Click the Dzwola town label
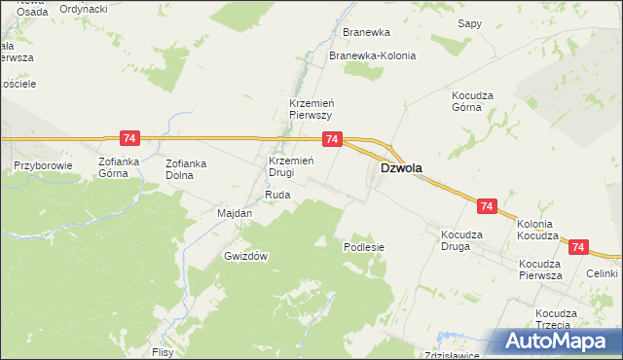click(x=400, y=167)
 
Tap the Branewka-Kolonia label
click(x=373, y=55)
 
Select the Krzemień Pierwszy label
click(x=311, y=108)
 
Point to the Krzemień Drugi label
click(x=289, y=166)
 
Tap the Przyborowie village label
click(x=44, y=165)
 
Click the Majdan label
click(x=235, y=213)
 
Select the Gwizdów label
click(x=245, y=256)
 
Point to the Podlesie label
click(x=364, y=247)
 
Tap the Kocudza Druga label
click(x=469, y=240)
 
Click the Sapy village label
click(x=470, y=22)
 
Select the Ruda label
click(x=277, y=195)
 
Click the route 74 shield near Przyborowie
click(x=128, y=139)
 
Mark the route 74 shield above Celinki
click(x=580, y=249)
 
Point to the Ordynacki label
click(x=83, y=8)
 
